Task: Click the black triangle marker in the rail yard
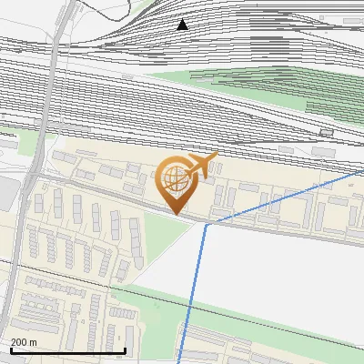click(x=183, y=25)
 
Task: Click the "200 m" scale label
click(x=24, y=342)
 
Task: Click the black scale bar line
click(x=67, y=350)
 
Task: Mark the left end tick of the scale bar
click(x=10, y=349)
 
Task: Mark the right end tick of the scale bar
click(x=125, y=349)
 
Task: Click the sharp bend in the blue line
click(x=207, y=224)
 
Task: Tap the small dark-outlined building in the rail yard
click(x=327, y=133)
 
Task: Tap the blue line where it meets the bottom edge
click(x=180, y=360)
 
